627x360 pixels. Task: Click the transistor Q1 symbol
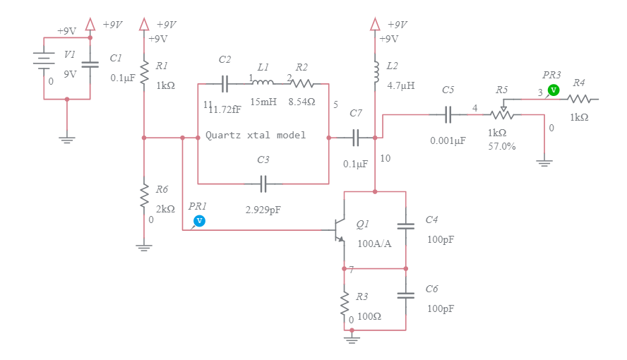click(x=340, y=230)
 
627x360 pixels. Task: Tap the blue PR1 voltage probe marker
click(x=199, y=221)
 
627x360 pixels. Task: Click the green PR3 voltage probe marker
click(x=554, y=90)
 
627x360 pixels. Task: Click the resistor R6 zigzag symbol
click(x=144, y=193)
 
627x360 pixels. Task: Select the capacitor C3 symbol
click(x=263, y=184)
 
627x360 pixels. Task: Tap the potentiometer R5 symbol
click(x=503, y=114)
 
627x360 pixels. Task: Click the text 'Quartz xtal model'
click(x=256, y=135)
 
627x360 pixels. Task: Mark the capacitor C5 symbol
click(x=448, y=114)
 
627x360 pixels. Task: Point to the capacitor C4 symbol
click(x=406, y=226)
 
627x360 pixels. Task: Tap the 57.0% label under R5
click(x=501, y=147)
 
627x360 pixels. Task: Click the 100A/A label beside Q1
click(x=374, y=244)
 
